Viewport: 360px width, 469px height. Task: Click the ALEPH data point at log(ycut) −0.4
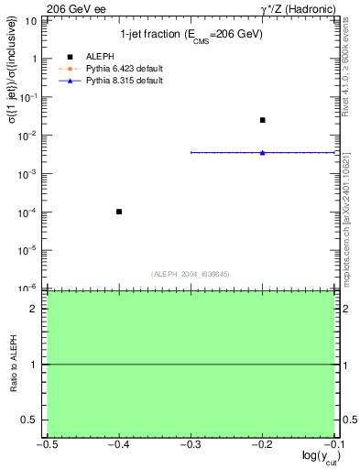119,212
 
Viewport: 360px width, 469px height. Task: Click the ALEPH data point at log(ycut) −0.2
263,120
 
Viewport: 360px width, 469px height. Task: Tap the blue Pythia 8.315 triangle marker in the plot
263,152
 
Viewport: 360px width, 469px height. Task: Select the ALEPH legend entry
100,57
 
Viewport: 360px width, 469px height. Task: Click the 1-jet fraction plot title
191,35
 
